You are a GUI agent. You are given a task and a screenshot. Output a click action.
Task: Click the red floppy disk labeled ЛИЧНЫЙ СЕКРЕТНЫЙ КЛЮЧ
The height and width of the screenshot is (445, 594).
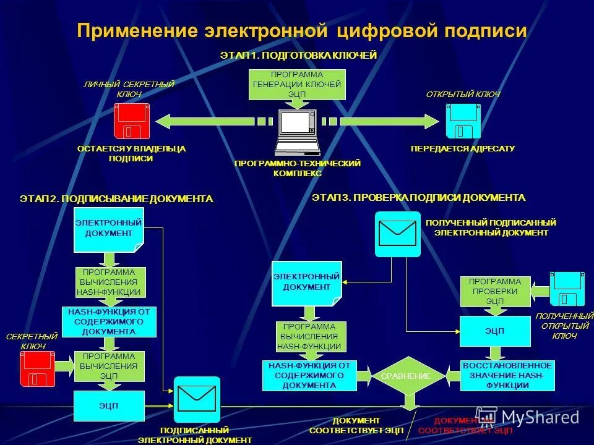tap(131, 121)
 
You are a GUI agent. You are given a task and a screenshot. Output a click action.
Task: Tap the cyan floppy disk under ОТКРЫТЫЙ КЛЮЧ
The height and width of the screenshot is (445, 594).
tap(463, 121)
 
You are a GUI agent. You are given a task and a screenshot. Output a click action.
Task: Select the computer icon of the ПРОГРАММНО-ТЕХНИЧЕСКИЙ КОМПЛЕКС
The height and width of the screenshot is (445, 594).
tap(297, 132)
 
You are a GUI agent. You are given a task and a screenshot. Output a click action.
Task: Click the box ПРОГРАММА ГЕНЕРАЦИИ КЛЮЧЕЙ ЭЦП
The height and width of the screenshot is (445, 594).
tap(297, 85)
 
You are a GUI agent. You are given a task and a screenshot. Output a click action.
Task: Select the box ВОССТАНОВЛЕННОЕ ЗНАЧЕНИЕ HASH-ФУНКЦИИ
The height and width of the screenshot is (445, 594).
tap(507, 376)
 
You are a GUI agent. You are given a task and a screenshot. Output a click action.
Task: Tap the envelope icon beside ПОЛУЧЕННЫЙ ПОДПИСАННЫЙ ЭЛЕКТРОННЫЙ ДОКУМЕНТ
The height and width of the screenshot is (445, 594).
tap(397, 234)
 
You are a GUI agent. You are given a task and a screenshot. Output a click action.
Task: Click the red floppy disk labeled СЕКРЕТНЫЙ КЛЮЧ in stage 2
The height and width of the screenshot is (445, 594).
tap(37, 370)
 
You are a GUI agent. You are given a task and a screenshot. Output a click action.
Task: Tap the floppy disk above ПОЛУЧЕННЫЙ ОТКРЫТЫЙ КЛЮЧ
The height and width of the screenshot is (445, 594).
tap(567, 289)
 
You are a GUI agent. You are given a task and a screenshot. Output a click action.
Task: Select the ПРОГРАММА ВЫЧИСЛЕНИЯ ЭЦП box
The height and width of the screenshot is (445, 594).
tap(109, 366)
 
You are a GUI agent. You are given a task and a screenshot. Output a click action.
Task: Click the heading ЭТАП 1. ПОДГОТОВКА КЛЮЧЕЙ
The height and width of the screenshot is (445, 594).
tap(298, 56)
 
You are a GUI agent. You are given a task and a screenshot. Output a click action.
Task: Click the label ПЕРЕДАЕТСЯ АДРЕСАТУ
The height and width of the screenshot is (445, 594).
tap(463, 149)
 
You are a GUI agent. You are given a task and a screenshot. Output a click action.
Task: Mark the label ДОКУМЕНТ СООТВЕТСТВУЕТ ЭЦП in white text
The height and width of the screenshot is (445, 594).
tap(356, 425)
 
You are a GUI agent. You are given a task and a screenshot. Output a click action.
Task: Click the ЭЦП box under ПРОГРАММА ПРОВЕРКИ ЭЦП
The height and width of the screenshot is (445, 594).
tap(494, 331)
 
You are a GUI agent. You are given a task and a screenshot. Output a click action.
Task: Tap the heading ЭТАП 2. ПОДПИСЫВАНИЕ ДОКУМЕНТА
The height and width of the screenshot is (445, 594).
tap(116, 199)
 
